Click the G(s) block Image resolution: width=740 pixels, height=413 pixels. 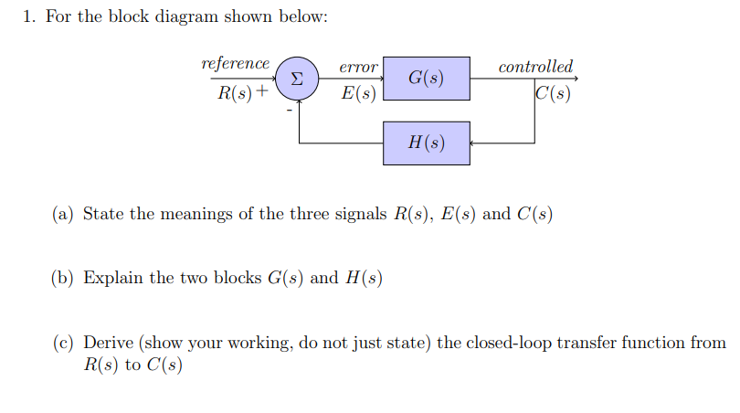pos(426,78)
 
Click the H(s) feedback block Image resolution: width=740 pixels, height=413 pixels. pos(426,143)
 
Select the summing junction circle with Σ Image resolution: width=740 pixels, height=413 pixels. pos(297,78)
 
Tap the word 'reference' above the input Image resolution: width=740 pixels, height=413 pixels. pos(235,64)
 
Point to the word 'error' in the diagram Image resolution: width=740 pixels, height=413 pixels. pos(358,68)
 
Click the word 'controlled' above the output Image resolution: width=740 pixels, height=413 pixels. pos(535,67)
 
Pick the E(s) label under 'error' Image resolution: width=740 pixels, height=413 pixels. pos(358,92)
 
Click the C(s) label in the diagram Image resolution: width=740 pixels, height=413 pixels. pos(554,92)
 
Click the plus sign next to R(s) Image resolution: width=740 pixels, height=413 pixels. pos(263,92)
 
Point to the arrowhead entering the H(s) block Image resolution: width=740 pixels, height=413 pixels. pos(473,143)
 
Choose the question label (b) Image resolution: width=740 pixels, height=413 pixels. pos(63,278)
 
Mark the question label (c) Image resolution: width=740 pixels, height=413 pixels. pos(63,343)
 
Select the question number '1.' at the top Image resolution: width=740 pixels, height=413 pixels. pos(27,18)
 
